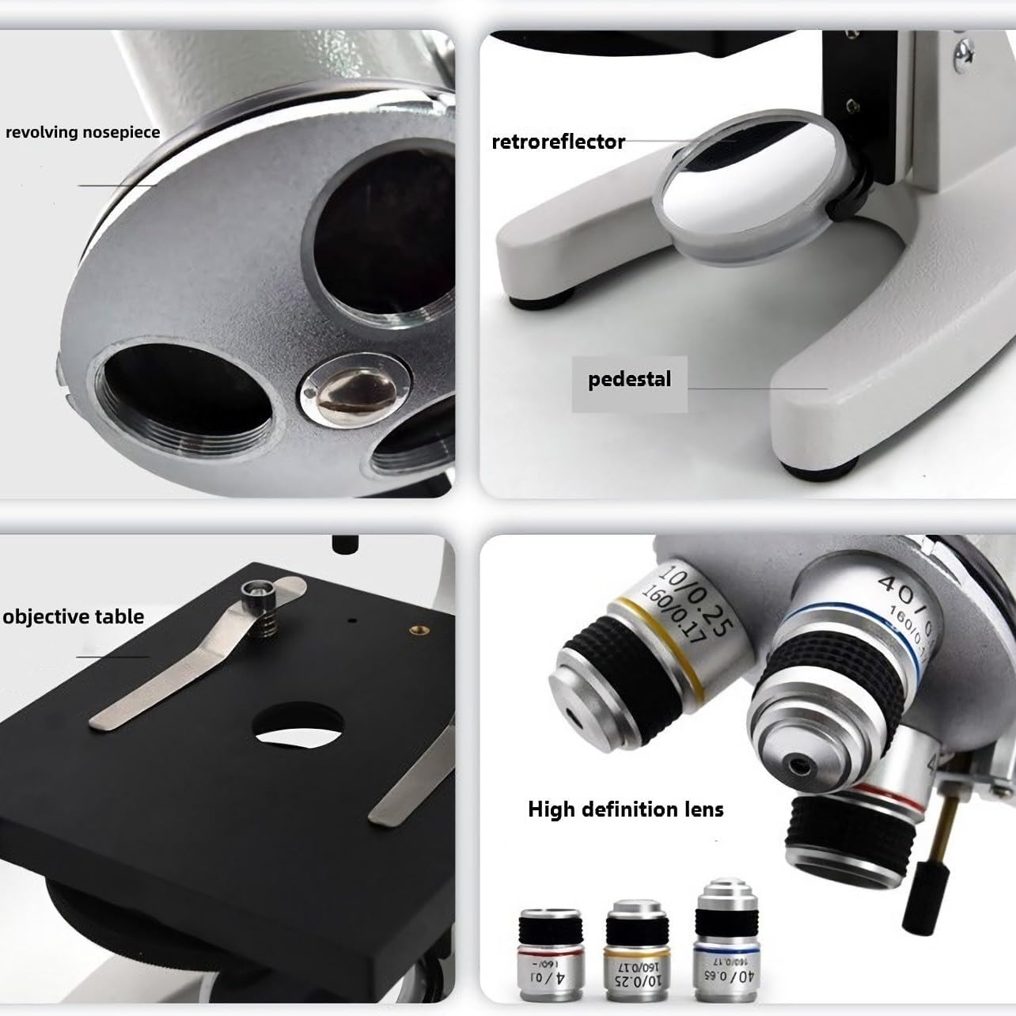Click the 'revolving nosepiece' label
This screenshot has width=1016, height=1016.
(82, 132)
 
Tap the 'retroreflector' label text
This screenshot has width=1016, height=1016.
(558, 142)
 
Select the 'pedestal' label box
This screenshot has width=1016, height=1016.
(629, 380)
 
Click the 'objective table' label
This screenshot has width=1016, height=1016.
(74, 617)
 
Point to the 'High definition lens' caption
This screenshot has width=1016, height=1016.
(625, 809)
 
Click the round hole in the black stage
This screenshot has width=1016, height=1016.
(299, 726)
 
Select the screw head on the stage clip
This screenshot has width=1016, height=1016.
(257, 589)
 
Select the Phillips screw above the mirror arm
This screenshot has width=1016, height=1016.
(963, 51)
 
